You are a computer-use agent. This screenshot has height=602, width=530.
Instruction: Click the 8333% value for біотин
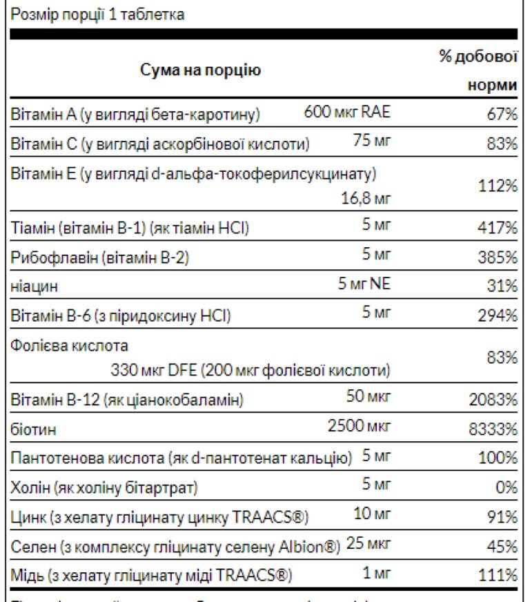(x=493, y=429)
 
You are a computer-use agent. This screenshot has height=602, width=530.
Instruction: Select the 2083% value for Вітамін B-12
(x=493, y=400)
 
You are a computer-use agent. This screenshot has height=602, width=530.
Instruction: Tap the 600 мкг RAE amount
(x=347, y=113)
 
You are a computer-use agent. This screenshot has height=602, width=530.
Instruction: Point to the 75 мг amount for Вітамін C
(x=371, y=142)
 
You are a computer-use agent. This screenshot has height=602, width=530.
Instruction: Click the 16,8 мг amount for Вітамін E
(x=366, y=200)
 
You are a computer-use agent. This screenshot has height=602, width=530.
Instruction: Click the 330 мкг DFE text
(x=153, y=370)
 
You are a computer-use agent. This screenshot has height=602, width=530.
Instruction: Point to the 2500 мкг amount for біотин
(x=359, y=426)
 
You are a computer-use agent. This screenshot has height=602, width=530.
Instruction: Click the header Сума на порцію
(x=201, y=70)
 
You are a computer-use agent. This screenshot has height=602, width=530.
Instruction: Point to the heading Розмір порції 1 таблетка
(x=98, y=14)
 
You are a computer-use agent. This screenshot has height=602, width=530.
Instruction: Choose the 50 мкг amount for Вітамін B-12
(x=369, y=397)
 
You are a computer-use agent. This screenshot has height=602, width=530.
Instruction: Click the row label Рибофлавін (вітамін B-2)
(x=100, y=258)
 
